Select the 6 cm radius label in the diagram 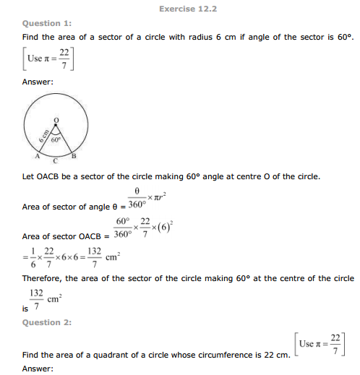pos(43,136)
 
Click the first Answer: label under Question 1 pos(38,82)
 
